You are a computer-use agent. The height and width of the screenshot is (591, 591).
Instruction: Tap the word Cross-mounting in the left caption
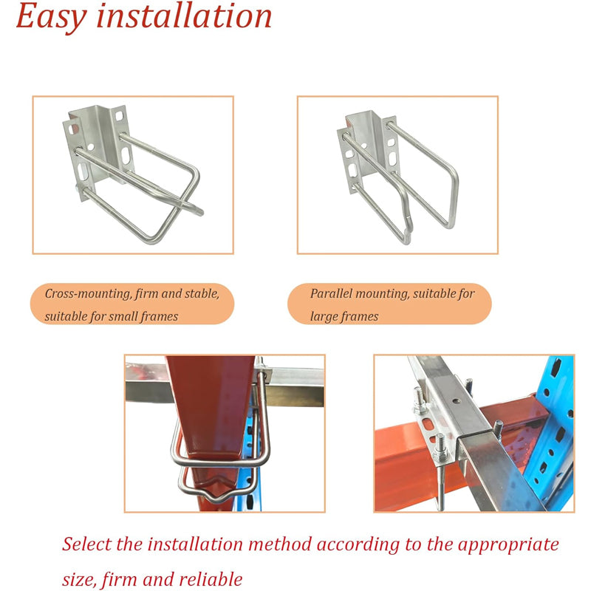point(87,293)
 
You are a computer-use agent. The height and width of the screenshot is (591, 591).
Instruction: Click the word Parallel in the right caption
point(331,293)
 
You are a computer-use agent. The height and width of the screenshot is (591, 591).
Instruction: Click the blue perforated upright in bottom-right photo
point(559,414)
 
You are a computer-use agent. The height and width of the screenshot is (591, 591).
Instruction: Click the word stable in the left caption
point(200,293)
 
